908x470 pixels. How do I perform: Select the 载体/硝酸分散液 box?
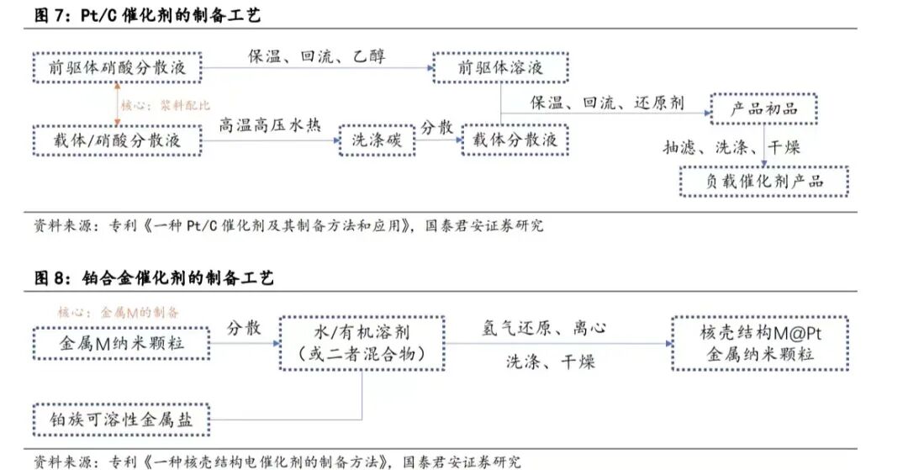(118, 140)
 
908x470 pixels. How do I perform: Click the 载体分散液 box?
(515, 140)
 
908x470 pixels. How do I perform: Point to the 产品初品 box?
(763, 108)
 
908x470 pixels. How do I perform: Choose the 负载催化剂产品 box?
(763, 181)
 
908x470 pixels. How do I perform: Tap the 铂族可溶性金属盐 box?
(121, 419)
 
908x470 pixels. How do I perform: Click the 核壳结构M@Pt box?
(760, 343)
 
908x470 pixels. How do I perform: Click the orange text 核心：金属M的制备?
(107, 312)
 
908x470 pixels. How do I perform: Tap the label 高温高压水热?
(270, 126)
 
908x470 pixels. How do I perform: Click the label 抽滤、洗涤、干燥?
(731, 147)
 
